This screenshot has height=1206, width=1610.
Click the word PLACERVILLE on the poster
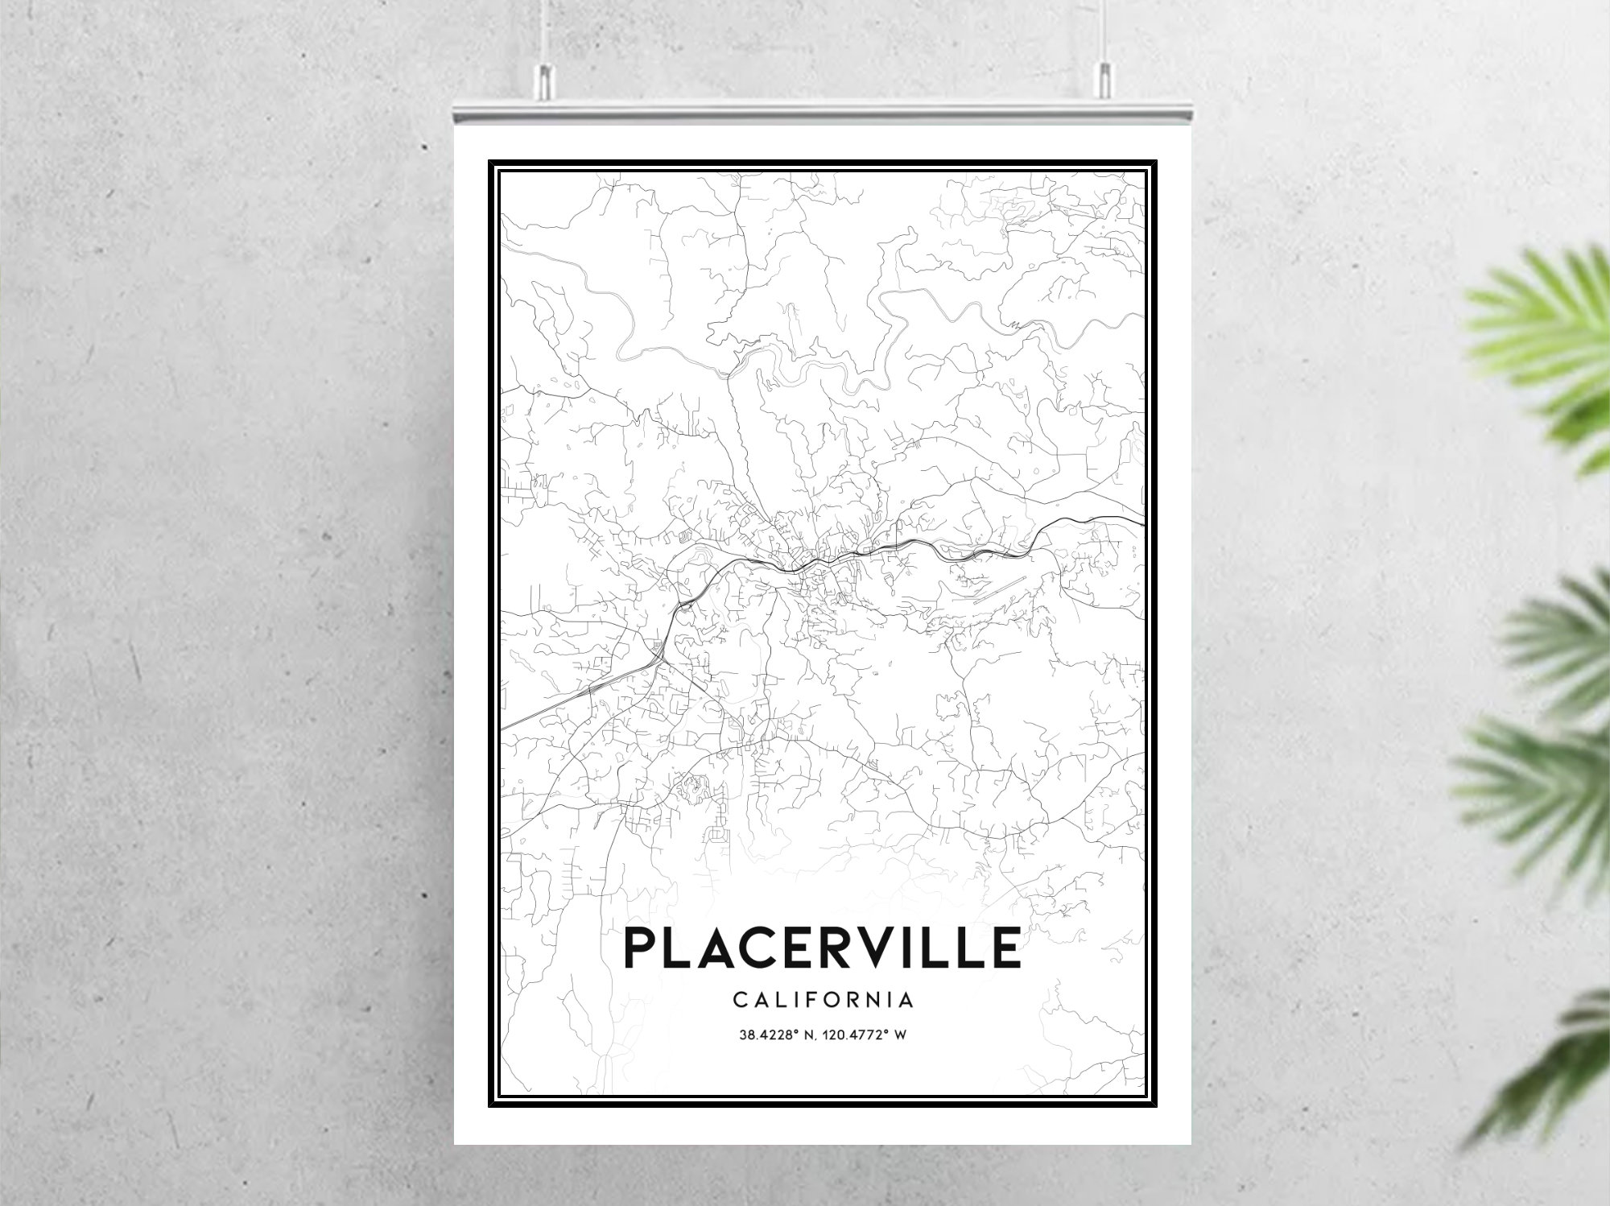coord(822,948)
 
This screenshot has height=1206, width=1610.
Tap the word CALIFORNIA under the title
coord(823,1001)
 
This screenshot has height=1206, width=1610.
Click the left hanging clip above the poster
coord(545,79)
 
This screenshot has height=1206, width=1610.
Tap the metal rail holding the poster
coord(822,114)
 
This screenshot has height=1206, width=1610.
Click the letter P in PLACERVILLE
coord(642,948)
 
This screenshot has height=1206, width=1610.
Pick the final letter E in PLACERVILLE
coord(1005,948)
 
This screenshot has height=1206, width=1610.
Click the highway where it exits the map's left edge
coord(503,728)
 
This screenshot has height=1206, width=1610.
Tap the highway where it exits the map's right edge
coord(1142,524)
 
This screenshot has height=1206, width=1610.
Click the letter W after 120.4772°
coord(901,1035)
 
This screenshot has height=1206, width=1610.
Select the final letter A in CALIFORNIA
coord(906,1001)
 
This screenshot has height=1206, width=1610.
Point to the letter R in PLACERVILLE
coord(835,948)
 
